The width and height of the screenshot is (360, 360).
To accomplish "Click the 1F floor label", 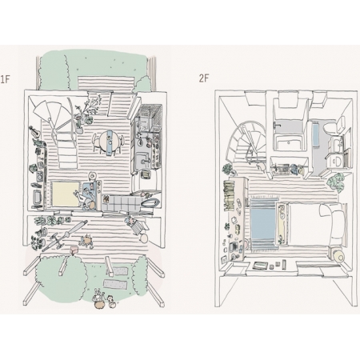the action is point(5,79).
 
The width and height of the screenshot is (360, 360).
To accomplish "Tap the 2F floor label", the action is point(204,78).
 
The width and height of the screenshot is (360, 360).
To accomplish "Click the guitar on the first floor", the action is point(34,130).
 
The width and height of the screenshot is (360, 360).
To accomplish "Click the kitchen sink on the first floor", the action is point(143,161).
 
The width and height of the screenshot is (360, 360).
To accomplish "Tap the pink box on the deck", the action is point(74,250).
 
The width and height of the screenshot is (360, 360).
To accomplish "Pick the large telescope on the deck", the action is point(65,235).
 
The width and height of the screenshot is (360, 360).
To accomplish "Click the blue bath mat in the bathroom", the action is point(316,134).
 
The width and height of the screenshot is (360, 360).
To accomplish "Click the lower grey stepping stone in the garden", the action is point(116,284).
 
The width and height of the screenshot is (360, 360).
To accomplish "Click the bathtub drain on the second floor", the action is point(288,142).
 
